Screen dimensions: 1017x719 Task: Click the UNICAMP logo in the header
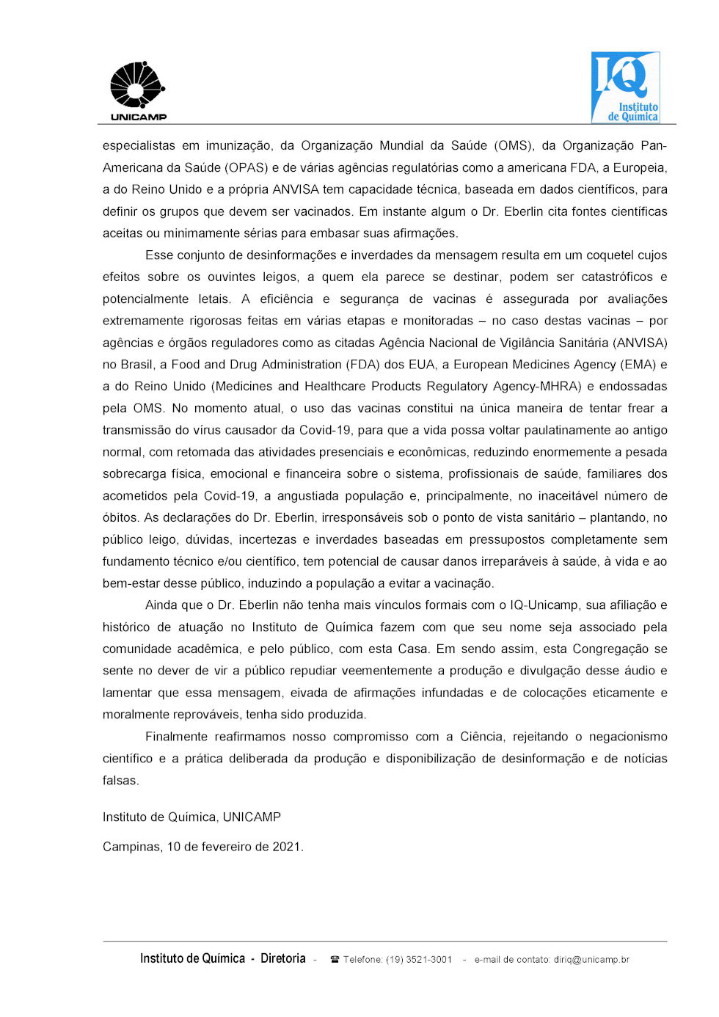(x=138, y=91)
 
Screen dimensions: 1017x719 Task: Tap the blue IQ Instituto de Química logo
(x=625, y=87)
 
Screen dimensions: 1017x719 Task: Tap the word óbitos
(x=120, y=518)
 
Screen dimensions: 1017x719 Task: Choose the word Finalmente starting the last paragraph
(x=176, y=737)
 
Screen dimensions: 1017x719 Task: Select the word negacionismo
(x=628, y=737)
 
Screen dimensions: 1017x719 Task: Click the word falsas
(x=120, y=781)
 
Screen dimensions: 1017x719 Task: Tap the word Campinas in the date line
(x=131, y=847)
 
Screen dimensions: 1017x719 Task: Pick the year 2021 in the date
(x=287, y=847)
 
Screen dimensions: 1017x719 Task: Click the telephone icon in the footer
(x=335, y=960)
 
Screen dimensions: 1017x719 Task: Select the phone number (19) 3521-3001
(x=419, y=960)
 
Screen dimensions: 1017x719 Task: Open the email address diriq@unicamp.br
(x=591, y=960)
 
